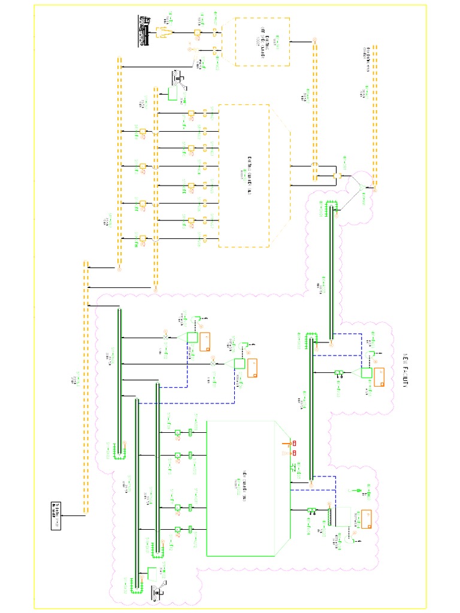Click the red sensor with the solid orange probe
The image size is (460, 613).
click(293, 443)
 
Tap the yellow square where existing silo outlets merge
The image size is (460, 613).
click(336, 176)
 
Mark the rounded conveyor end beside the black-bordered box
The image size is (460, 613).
click(86, 510)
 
